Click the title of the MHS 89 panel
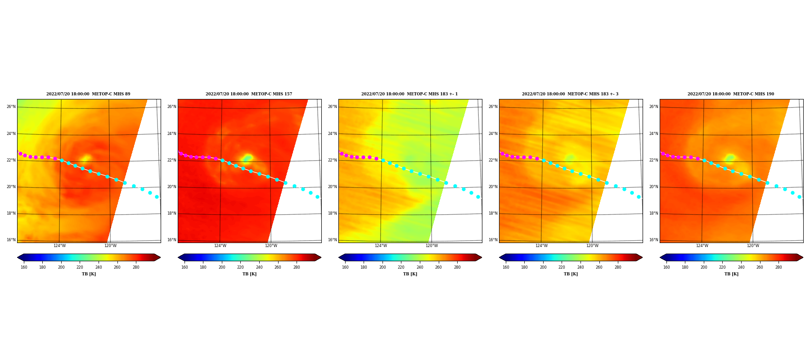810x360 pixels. [x=88, y=94]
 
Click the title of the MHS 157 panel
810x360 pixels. [x=249, y=94]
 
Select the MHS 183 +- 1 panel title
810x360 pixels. [x=409, y=94]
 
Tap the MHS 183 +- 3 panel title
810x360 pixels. [x=570, y=94]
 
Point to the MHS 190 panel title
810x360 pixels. [x=731, y=94]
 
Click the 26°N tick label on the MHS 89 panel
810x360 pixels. [x=11, y=107]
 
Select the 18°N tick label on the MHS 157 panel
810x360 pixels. [x=172, y=213]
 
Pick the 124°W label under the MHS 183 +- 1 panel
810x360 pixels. [x=381, y=246]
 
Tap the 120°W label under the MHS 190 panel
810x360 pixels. [x=753, y=246]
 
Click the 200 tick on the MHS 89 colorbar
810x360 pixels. [x=61, y=267]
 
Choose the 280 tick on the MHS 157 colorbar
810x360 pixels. [x=297, y=267]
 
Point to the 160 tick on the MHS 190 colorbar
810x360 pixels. [x=666, y=267]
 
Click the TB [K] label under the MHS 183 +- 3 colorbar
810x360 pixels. [x=571, y=274]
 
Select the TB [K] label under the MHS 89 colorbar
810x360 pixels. [x=89, y=274]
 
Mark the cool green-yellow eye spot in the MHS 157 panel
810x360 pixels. [x=247, y=158]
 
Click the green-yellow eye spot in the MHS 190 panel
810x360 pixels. [x=729, y=158]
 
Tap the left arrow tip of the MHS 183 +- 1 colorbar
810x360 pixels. [x=339, y=257]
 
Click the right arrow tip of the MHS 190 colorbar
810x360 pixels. [x=803, y=257]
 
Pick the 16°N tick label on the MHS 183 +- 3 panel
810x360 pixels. [x=493, y=240]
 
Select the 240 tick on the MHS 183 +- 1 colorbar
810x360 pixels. [x=420, y=267]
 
